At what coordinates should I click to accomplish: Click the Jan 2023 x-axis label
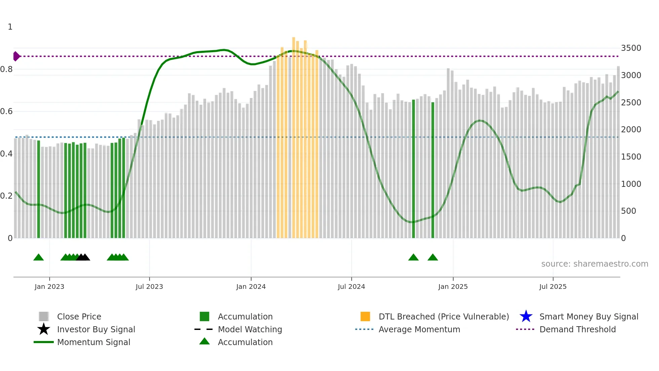tap(49, 286)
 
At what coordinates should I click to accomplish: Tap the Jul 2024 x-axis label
tap(351, 286)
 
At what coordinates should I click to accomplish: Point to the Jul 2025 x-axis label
tap(553, 286)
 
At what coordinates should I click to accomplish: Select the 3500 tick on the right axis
tap(631, 48)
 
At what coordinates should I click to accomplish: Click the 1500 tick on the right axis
tap(631, 157)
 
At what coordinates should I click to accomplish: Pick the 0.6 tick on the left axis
tap(6, 111)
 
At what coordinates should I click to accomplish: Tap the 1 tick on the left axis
tap(10, 27)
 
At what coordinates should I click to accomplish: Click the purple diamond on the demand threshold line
tap(16, 56)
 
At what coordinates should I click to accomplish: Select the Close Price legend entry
tap(79, 316)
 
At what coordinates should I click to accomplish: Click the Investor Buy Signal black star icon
tap(44, 329)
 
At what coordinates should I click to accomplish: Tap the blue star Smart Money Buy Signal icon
tap(526, 316)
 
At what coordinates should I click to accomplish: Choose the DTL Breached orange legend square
tap(365, 316)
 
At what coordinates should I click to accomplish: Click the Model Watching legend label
tap(250, 329)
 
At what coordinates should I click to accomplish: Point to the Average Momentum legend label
tap(419, 329)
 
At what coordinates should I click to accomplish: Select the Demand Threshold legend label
tap(577, 329)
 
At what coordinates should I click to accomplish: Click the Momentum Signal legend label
tap(93, 342)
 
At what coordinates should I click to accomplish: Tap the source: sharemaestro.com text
tap(594, 264)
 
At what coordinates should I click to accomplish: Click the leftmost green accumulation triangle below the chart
tap(39, 258)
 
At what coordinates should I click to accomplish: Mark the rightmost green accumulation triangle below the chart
tap(433, 258)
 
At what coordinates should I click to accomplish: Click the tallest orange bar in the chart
tap(294, 135)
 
